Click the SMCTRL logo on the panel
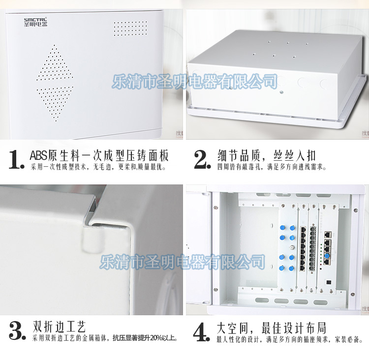tap(35, 22)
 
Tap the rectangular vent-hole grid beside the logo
tap(130, 29)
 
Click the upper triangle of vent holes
tap(55, 62)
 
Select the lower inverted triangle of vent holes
tap(55, 104)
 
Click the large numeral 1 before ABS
tap(16, 160)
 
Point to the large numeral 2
tap(202, 160)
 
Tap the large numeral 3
tap(17, 331)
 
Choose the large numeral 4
tap(201, 332)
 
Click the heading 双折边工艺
tap(59, 327)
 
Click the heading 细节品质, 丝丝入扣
tap(266, 155)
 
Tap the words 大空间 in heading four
tap(233, 328)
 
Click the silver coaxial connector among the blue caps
tap(292, 247)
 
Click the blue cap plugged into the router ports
tap(327, 256)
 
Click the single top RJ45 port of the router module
tap(328, 235)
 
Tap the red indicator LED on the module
tap(321, 269)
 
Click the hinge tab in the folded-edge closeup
tap(92, 240)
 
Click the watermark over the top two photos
tap(195, 82)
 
